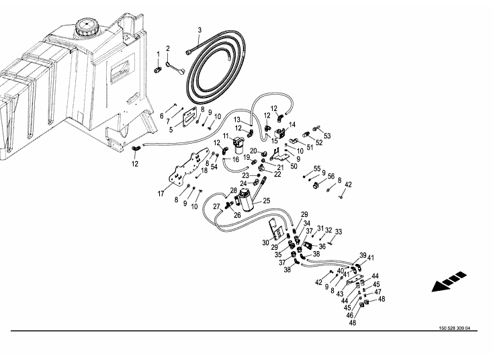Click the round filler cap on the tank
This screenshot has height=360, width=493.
87,28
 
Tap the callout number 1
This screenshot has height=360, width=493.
158,54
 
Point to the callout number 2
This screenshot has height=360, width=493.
168,48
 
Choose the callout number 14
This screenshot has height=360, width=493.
292,125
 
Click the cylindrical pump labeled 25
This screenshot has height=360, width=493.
246,200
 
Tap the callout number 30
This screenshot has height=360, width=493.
266,242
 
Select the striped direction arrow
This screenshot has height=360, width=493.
449,281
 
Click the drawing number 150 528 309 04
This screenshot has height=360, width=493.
455,328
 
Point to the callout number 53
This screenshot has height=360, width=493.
327,136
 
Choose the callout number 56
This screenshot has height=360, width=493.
331,176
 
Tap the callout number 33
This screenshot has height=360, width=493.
339,232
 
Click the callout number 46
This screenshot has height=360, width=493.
350,315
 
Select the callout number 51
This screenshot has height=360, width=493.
310,147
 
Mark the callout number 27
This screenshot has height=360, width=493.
217,207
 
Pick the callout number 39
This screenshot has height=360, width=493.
363,255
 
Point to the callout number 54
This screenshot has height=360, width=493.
214,167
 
